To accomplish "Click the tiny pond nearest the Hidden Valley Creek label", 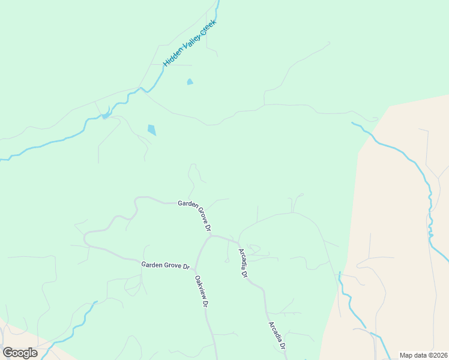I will click(x=190, y=82).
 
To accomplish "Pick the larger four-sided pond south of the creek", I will click(x=152, y=130).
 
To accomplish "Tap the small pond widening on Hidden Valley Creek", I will click(x=106, y=115).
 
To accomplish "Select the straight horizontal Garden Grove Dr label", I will click(x=166, y=265).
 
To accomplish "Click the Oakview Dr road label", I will click(x=201, y=292).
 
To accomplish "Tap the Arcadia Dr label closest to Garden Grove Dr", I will click(x=243, y=263).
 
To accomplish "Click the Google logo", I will click(x=20, y=353).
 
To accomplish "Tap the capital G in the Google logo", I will click(x=8, y=353).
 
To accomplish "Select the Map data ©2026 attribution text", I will click(x=423, y=355).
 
